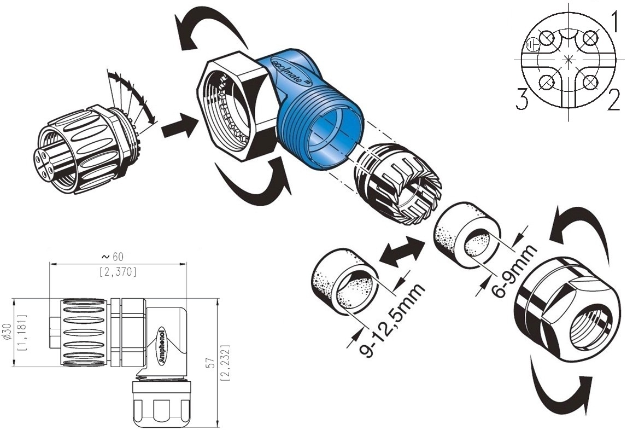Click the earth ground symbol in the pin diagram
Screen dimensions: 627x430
(x=532, y=45)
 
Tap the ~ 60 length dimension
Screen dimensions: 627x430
(x=113, y=257)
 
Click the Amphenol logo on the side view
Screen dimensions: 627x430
(x=162, y=346)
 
